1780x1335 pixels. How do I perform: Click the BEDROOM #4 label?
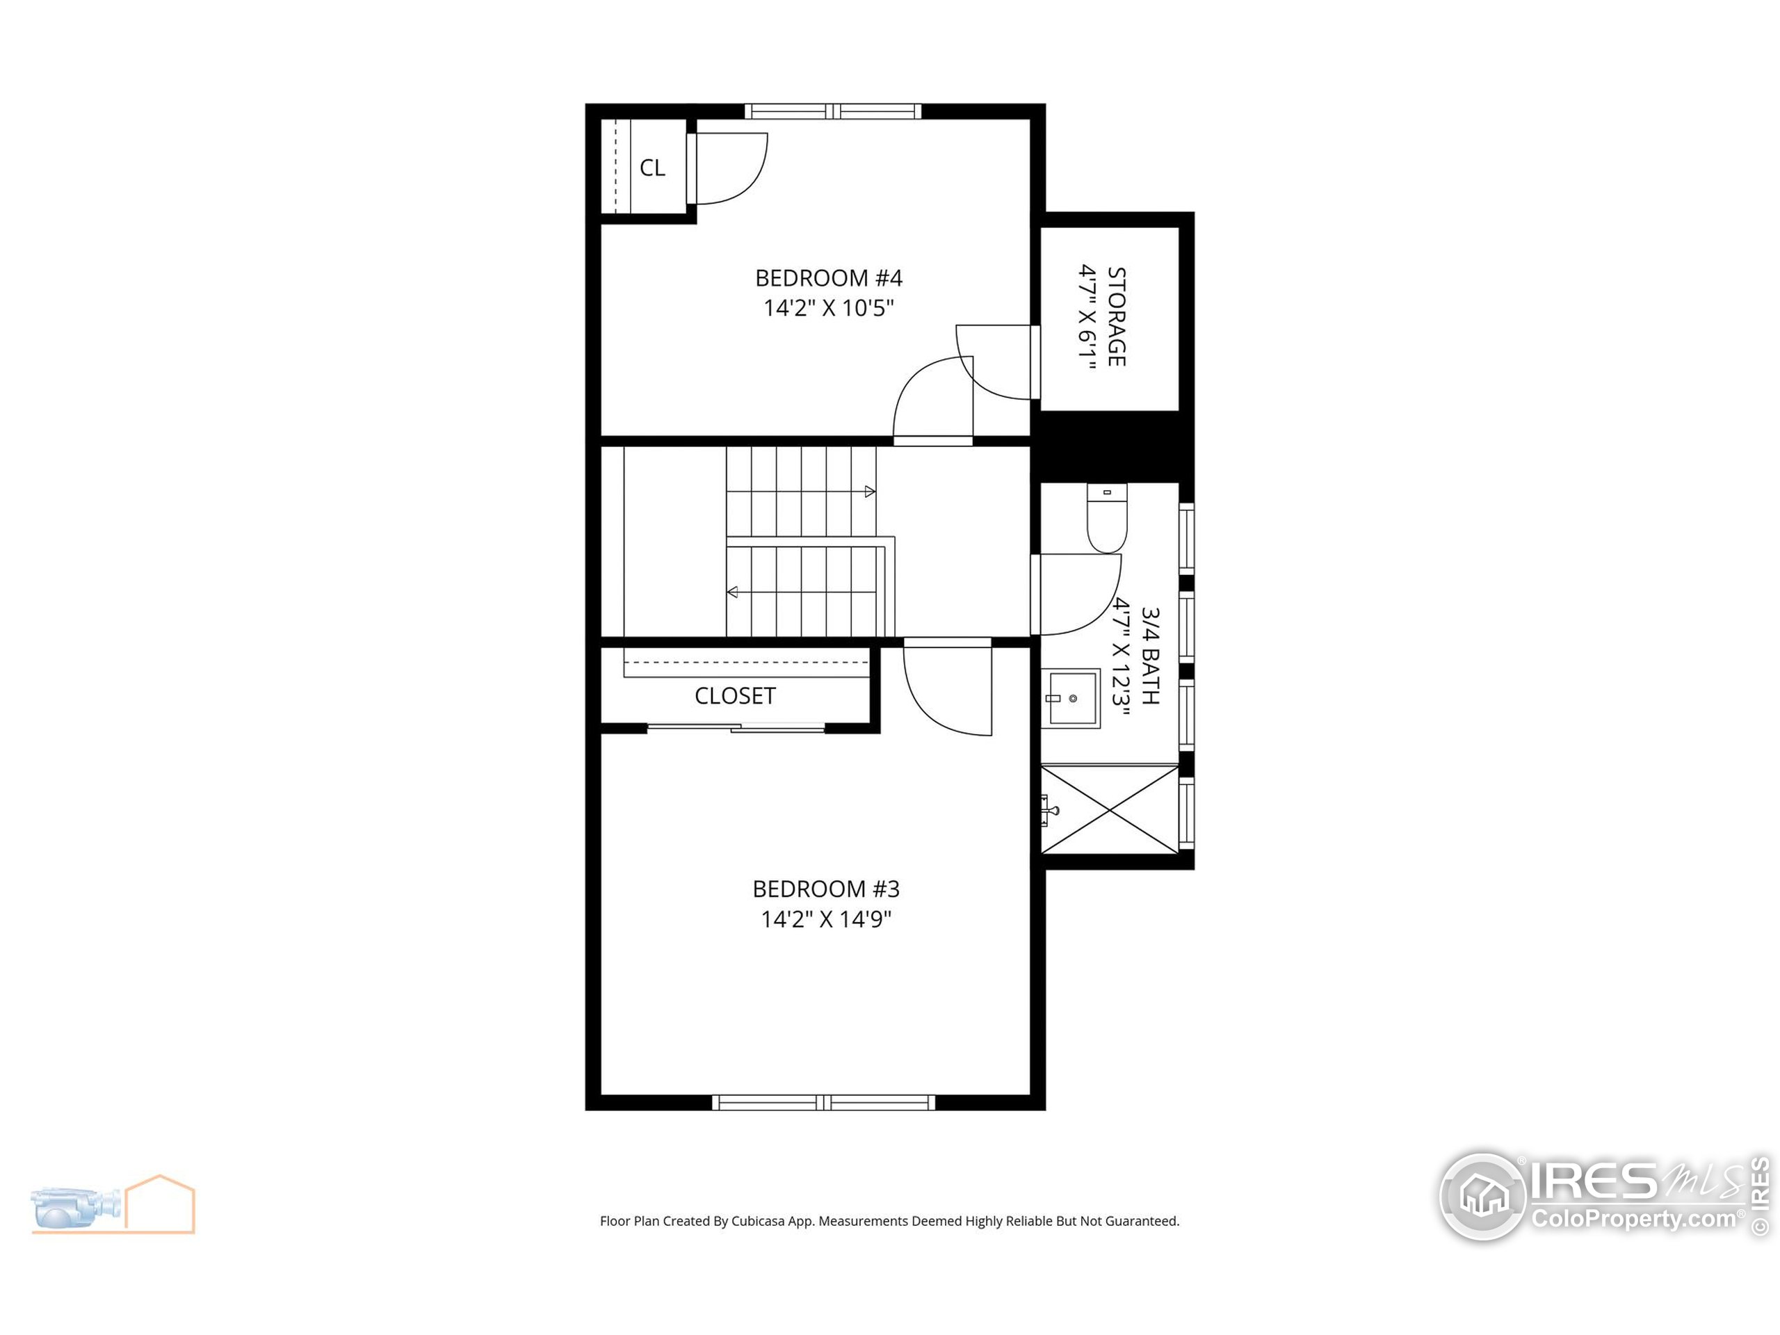point(828,278)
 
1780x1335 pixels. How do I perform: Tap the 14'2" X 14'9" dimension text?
point(827,919)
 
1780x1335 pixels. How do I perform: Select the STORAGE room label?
point(1116,316)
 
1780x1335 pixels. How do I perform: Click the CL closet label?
point(652,168)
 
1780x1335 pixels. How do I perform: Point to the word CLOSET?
point(735,696)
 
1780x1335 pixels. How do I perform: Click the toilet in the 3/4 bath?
point(1106,519)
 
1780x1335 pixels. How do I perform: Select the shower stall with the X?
point(1110,808)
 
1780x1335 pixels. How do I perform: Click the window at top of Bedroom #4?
point(833,111)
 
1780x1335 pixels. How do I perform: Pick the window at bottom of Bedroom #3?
point(824,1103)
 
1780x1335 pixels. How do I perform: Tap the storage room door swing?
point(996,362)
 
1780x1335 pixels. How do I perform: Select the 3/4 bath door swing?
point(1076,594)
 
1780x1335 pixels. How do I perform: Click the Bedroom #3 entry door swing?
point(948,688)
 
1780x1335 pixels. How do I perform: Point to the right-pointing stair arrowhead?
point(870,492)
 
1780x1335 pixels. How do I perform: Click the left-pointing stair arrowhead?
point(732,592)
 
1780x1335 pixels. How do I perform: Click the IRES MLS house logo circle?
point(1483,1197)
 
